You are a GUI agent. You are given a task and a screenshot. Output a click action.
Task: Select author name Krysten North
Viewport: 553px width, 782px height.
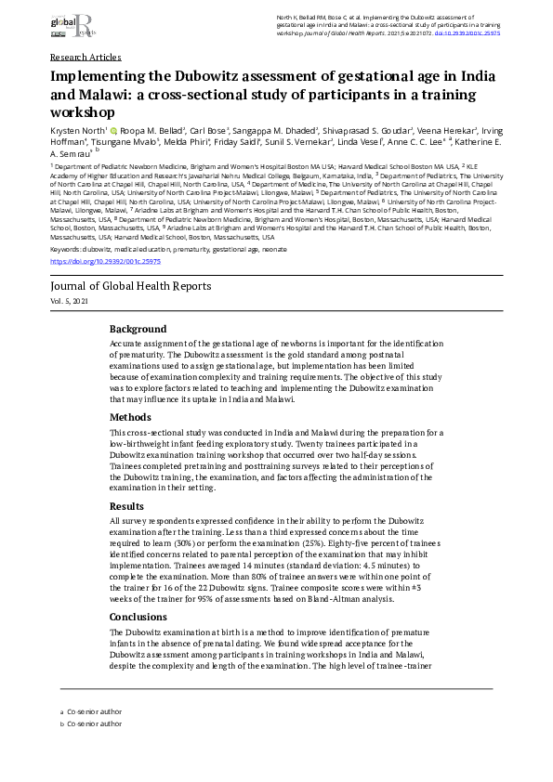[77, 132]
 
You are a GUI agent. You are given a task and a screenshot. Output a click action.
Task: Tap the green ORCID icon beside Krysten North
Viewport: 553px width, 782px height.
[113, 132]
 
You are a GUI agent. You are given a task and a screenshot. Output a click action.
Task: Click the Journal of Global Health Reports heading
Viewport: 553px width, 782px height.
[130, 286]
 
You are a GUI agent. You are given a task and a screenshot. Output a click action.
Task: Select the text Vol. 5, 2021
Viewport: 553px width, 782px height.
[72, 303]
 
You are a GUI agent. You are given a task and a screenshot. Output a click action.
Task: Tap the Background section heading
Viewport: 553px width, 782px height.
[138, 330]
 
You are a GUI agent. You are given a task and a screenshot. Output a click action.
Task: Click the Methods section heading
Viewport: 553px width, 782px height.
[130, 418]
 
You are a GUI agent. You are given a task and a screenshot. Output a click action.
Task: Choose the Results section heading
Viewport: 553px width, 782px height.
[127, 506]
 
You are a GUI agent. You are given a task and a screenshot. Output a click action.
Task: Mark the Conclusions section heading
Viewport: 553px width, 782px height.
[138, 617]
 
